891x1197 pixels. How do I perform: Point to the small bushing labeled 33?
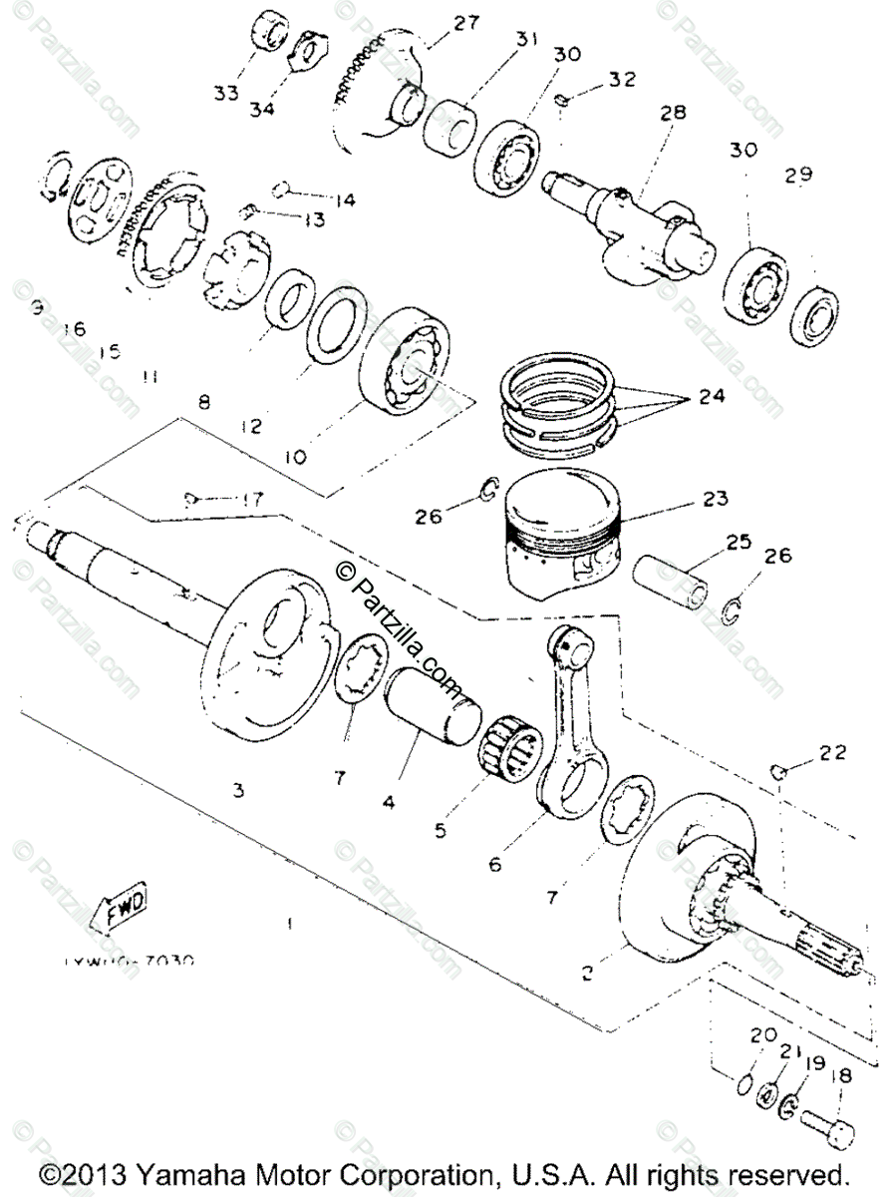coord(266,32)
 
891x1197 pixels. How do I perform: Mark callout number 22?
coord(833,752)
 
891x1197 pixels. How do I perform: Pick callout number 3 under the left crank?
coord(238,790)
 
